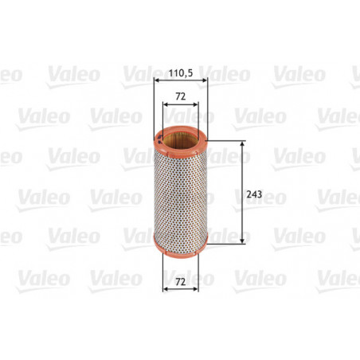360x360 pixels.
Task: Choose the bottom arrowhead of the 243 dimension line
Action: click(x=242, y=242)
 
